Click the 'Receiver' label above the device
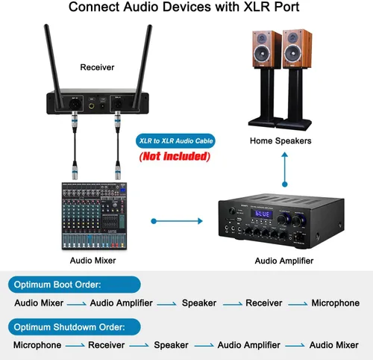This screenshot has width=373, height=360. click(97, 67)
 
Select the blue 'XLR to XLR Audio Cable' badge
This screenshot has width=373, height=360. click(175, 140)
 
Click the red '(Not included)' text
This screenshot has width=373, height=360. click(175, 158)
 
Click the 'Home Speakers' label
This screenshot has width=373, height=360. click(280, 140)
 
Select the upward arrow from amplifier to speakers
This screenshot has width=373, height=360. click(284, 169)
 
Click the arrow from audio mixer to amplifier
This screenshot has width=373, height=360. click(176, 221)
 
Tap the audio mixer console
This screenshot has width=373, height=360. click(92, 216)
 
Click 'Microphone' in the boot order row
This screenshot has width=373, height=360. click(335, 303)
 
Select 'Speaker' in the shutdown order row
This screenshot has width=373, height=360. click(171, 345)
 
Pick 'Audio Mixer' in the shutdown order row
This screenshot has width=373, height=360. click(334, 345)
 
